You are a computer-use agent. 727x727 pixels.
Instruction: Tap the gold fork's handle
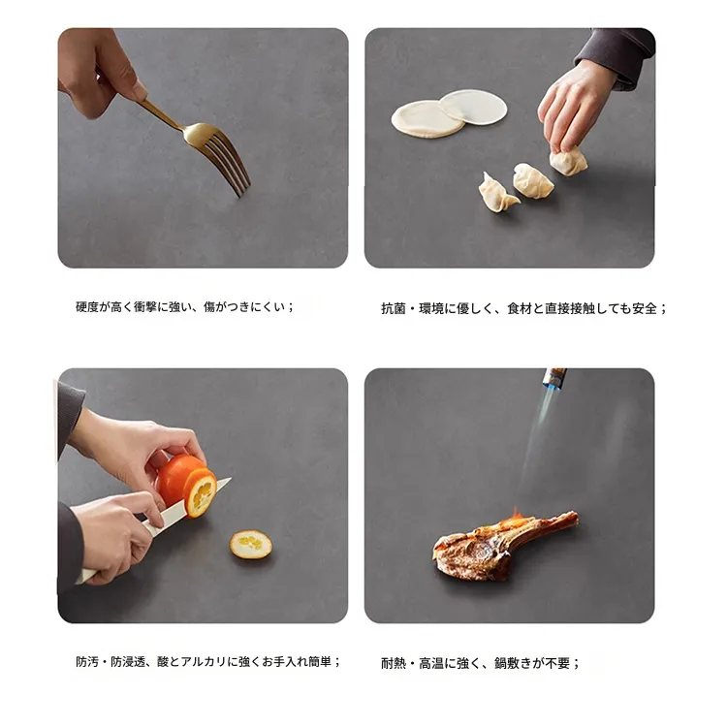pyautogui.click(x=161, y=113)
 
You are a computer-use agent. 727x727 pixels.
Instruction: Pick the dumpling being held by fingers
pyautogui.click(x=568, y=160)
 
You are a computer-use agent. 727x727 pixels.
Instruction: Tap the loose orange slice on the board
pyautogui.click(x=251, y=545)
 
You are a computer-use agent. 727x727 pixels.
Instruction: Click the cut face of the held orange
pyautogui.click(x=202, y=492)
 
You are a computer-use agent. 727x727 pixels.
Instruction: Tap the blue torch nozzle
pyautogui.click(x=553, y=379)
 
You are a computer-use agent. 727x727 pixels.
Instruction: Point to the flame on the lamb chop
pyautogui.click(x=515, y=516)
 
